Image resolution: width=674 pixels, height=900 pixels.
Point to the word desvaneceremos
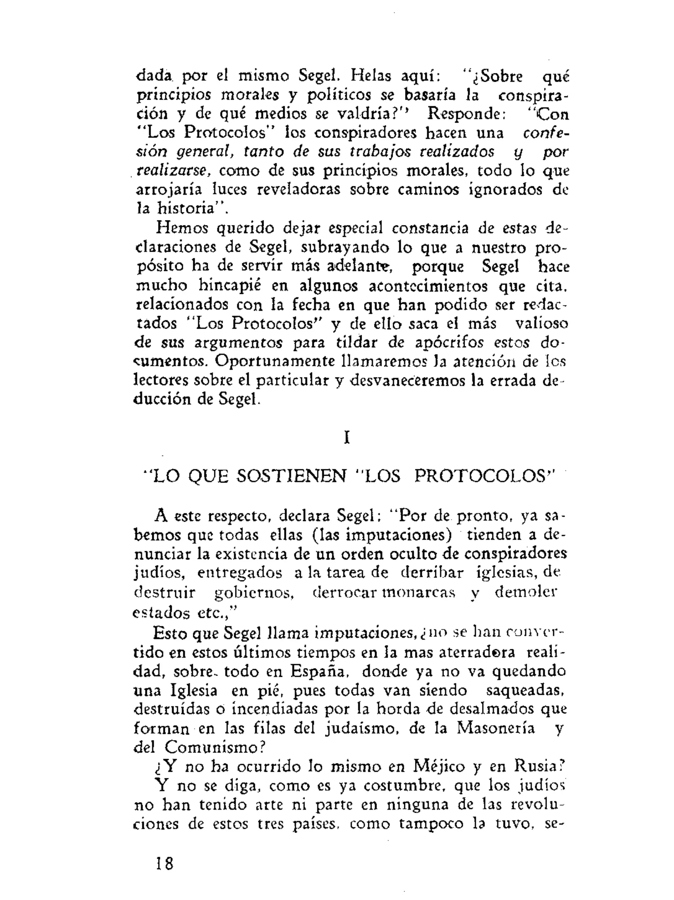point(408,381)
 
